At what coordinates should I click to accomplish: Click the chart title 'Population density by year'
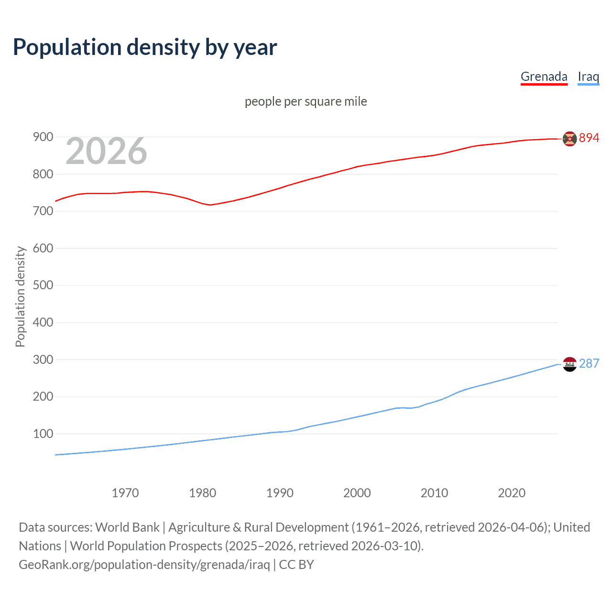point(145,47)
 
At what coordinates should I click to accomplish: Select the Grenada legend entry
point(544,76)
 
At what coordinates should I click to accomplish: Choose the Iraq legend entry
point(588,76)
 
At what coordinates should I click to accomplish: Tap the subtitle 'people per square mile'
point(306,101)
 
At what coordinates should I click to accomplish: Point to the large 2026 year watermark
point(106,151)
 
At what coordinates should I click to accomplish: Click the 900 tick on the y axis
point(43,137)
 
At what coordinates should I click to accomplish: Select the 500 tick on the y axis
point(43,285)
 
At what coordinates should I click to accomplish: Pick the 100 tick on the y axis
point(43,434)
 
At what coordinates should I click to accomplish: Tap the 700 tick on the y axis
point(43,211)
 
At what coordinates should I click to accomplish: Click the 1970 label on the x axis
point(125,493)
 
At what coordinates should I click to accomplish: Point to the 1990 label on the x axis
point(280,493)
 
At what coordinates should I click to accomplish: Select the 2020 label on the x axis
point(512,493)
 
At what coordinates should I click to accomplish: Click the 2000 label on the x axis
point(357,493)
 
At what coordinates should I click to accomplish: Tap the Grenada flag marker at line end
point(569,139)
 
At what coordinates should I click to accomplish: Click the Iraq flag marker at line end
point(569,364)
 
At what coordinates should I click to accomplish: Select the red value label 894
point(589,138)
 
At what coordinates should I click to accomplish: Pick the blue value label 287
point(589,363)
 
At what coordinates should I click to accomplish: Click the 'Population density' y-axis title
point(20,296)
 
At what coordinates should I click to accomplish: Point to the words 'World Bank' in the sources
point(127,527)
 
